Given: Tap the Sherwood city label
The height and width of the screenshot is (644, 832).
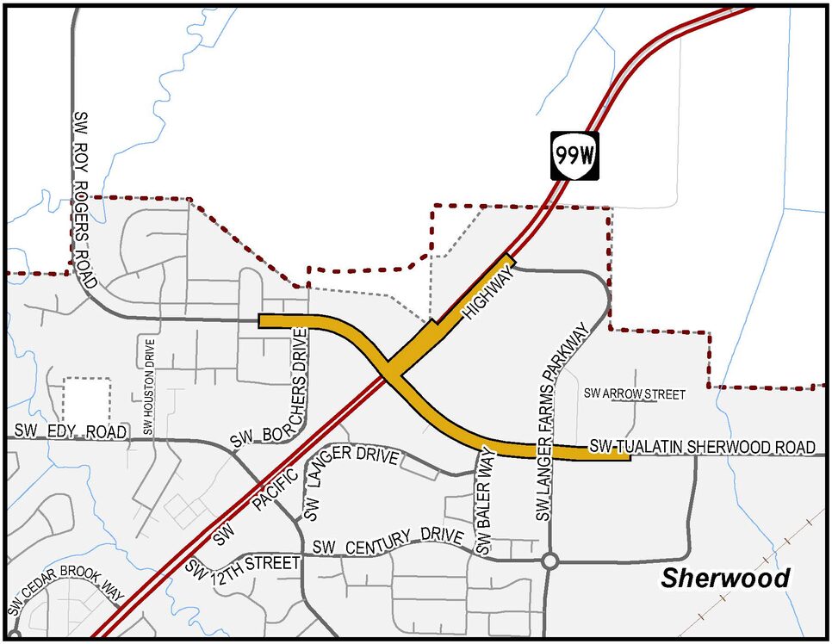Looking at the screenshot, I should pyautogui.click(x=725, y=578).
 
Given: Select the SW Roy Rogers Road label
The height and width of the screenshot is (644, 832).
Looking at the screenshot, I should pyautogui.click(x=84, y=197).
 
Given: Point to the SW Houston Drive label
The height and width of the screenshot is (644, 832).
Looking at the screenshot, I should pyautogui.click(x=150, y=387).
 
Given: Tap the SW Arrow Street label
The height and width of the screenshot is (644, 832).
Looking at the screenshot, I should pyautogui.click(x=635, y=394).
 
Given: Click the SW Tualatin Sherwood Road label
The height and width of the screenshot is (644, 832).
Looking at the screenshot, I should pyautogui.click(x=702, y=447).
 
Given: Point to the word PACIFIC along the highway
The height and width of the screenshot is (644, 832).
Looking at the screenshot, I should pyautogui.click(x=277, y=492).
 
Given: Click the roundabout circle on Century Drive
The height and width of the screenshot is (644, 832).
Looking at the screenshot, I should pyautogui.click(x=550, y=561).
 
